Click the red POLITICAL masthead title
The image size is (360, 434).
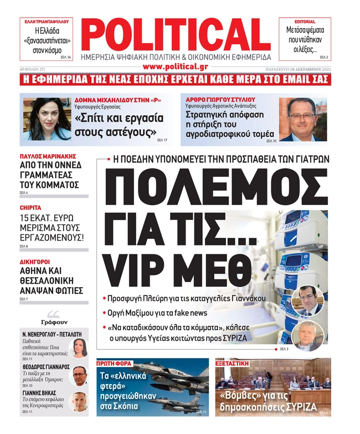pos(176,34)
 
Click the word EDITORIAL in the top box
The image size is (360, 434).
pos(305,22)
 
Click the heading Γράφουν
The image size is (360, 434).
pos(54,321)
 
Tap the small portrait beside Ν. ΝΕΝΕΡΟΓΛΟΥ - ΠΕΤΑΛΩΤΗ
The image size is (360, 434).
pos(78,349)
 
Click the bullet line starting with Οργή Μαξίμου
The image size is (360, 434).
pos(160,313)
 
